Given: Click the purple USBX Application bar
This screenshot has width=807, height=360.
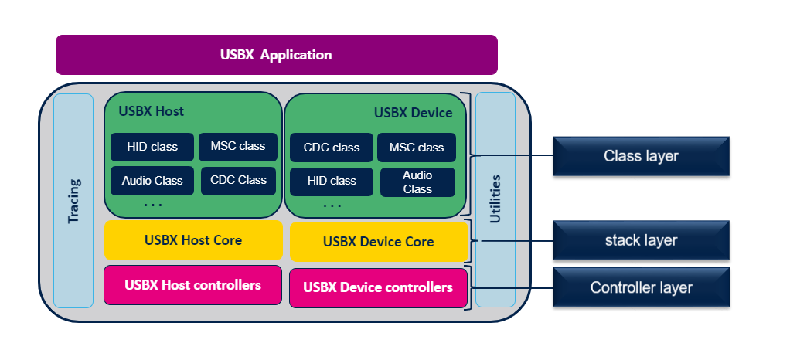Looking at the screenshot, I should pos(276,55).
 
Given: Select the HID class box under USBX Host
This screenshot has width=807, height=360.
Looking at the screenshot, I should pos(152,146).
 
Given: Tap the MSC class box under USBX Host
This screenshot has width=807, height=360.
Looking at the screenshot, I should pos(238,146).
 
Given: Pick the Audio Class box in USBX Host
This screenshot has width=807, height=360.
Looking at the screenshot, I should pos(152,181).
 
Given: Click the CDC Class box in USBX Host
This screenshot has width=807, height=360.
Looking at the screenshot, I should pos(238,180).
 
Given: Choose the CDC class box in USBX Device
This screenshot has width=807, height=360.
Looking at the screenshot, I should pos(331,148).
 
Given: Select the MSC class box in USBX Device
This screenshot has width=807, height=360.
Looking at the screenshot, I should pos(417,148).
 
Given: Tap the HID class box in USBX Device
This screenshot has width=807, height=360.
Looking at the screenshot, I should pos(331,182).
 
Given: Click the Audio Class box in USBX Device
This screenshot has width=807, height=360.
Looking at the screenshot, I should pos(417,182).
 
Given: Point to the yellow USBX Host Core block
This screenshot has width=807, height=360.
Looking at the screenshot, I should pos(192,240).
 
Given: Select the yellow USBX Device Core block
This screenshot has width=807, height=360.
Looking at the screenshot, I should pos(379,242).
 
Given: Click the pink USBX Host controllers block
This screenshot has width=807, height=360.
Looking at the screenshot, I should pos(192,285).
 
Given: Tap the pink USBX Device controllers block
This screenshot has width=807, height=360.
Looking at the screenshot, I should pos(378,287).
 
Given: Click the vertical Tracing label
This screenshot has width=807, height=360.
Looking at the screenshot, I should pos(73,202).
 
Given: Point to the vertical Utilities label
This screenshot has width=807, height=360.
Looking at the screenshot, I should pos(495,199).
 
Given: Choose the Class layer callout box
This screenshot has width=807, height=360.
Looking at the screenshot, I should pos(641,156).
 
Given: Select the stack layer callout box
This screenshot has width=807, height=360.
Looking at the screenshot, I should pos(641,240).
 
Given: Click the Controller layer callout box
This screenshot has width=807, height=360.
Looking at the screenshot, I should pos(641,288).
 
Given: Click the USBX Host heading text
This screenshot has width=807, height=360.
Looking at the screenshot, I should pos(152,111).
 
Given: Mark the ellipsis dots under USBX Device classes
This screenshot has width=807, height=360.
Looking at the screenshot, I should pos(332,206).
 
